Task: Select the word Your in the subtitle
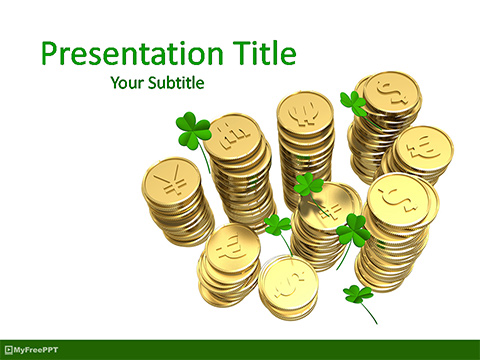click(x=128, y=83)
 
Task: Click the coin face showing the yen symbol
click(x=172, y=181)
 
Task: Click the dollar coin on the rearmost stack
click(x=391, y=93)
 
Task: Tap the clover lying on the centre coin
click(x=309, y=185)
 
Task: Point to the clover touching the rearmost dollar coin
click(x=353, y=102)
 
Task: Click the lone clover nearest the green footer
click(x=357, y=294)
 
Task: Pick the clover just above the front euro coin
click(x=276, y=224)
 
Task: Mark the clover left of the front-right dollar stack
click(x=352, y=233)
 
